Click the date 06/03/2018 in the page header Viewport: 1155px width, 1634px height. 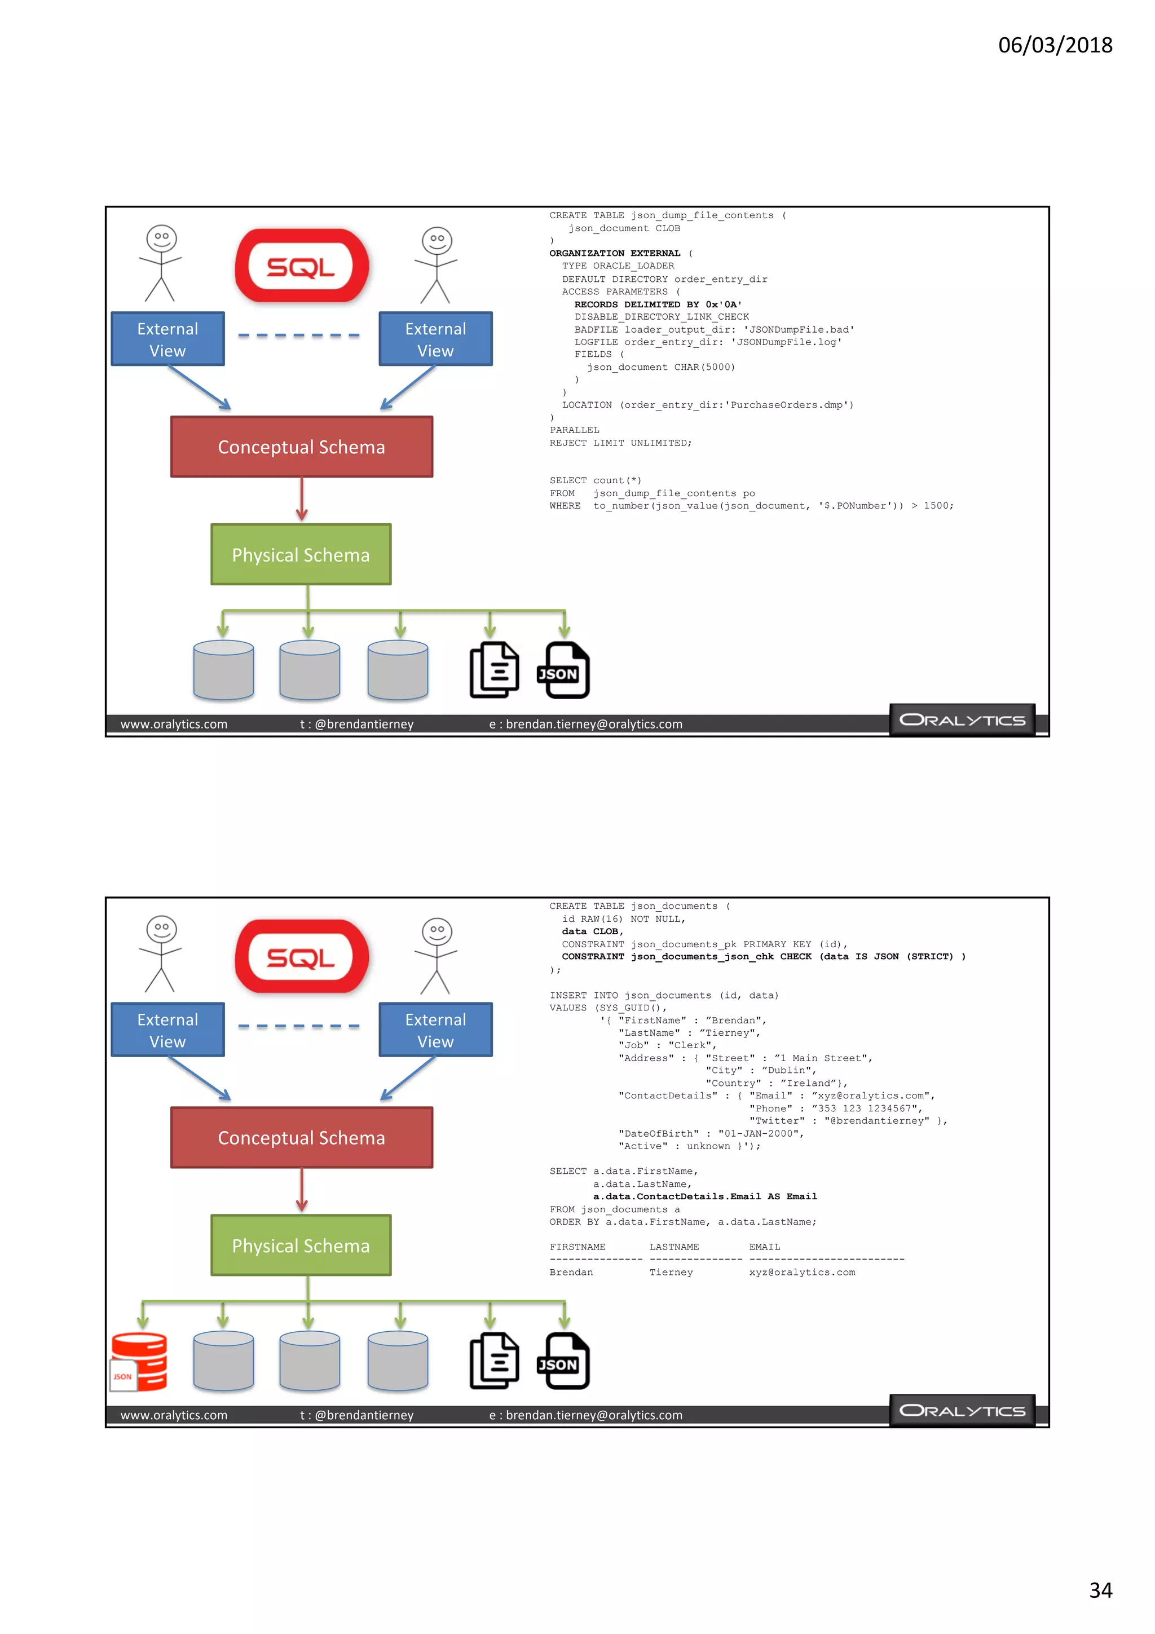(1055, 45)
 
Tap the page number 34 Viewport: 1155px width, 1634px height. (1100, 1590)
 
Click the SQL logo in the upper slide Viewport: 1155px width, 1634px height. (302, 266)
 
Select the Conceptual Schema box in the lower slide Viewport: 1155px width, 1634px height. (302, 1137)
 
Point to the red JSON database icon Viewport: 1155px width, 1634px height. (139, 1362)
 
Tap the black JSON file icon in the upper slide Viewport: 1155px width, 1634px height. (563, 670)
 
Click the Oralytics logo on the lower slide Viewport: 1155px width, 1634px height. (962, 1411)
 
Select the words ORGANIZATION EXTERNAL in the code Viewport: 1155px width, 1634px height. (615, 253)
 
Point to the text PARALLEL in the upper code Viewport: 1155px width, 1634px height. (574, 430)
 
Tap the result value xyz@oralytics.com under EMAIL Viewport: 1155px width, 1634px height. (802, 1273)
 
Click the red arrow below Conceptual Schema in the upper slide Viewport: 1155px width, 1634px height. (302, 499)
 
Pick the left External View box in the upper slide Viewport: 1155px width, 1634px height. (168, 339)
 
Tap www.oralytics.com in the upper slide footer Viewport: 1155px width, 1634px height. (174, 724)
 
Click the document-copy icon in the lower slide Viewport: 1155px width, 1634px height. (494, 1360)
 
